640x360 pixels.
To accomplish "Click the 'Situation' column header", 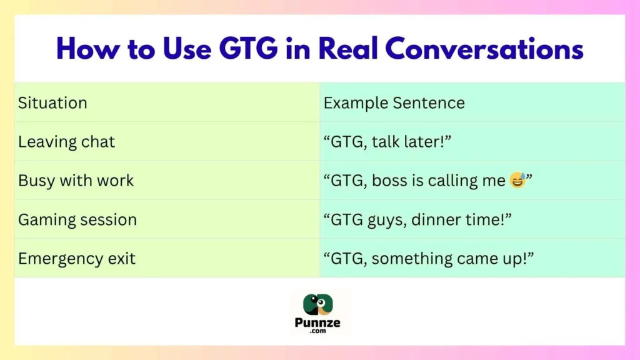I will [52, 103].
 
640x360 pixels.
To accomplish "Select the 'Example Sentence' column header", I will [394, 103].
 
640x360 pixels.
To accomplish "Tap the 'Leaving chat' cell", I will [66, 142].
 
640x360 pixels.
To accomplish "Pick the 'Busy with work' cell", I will [76, 181].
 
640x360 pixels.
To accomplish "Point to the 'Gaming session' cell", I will [77, 220].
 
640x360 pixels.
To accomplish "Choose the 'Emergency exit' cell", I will [76, 259].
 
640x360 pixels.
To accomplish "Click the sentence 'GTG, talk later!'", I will [387, 142].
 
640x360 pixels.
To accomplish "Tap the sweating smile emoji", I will [516, 181].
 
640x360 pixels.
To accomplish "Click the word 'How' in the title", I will [88, 49].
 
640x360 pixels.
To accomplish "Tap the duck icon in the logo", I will [319, 305].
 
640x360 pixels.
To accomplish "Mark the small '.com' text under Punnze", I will [320, 332].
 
